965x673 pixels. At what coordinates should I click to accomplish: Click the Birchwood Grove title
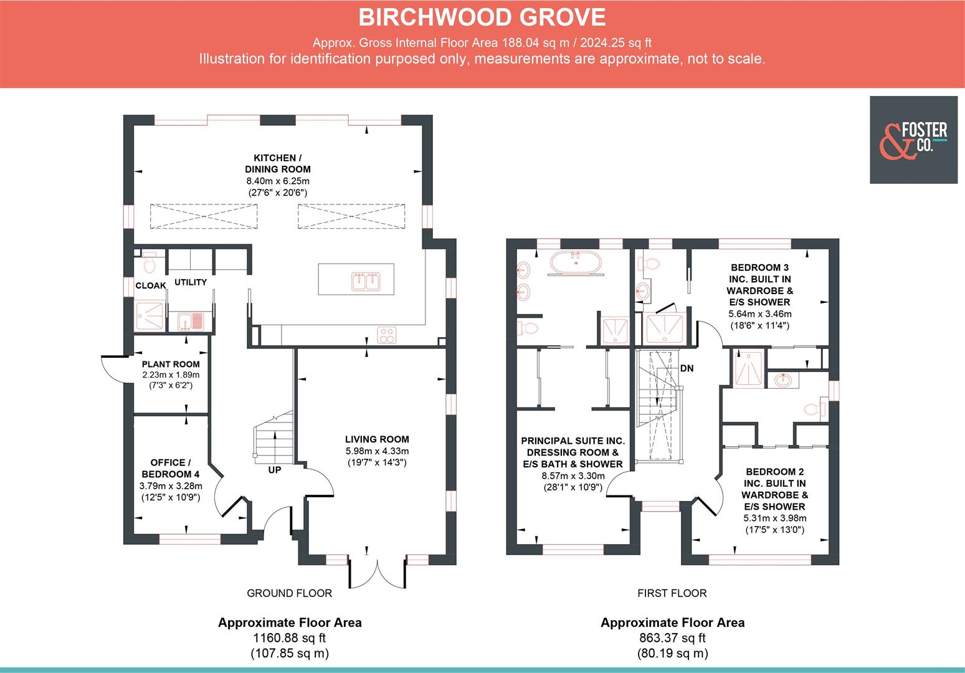click(482, 17)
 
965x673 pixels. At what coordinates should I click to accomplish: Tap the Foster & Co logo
click(913, 140)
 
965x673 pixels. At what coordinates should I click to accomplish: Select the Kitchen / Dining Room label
click(278, 163)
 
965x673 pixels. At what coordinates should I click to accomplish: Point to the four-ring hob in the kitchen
click(387, 335)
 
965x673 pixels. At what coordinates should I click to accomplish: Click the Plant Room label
click(171, 364)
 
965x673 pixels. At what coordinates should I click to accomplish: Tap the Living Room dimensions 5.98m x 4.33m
click(377, 451)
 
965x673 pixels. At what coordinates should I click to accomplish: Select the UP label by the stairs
click(275, 470)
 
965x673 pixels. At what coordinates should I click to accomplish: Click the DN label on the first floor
click(687, 368)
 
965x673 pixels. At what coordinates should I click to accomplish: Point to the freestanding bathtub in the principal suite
click(576, 263)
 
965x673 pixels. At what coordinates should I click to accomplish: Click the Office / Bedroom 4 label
click(168, 468)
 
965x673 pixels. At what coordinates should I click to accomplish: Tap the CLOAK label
click(151, 285)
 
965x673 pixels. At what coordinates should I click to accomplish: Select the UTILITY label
click(190, 282)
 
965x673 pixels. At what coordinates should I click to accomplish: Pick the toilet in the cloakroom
click(150, 263)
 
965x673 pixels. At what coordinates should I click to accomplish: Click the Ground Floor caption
click(289, 593)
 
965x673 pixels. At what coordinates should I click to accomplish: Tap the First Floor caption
click(672, 593)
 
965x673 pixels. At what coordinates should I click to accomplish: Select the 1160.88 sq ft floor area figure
click(289, 637)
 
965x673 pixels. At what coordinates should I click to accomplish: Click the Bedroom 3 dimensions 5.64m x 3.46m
click(759, 313)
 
